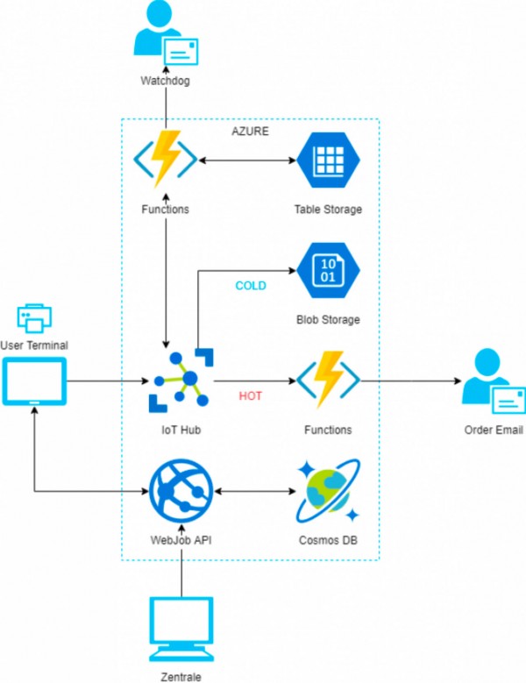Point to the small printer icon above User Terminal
pyautogui.click(x=34, y=318)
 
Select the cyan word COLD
pyautogui.click(x=251, y=286)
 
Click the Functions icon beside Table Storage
pyautogui.click(x=165, y=161)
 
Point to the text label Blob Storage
pyautogui.click(x=327, y=320)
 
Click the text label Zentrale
pyautogui.click(x=181, y=676)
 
